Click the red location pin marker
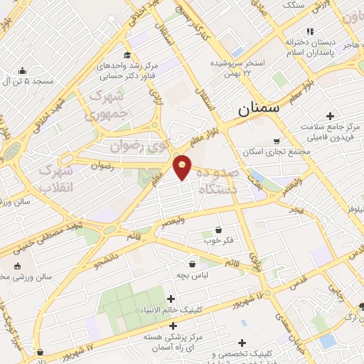[183, 166]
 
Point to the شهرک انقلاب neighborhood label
[55, 178]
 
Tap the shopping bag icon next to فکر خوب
[218, 230]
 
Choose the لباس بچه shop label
[192, 274]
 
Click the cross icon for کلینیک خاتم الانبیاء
[170, 299]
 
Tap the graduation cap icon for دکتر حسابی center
[127, 55]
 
